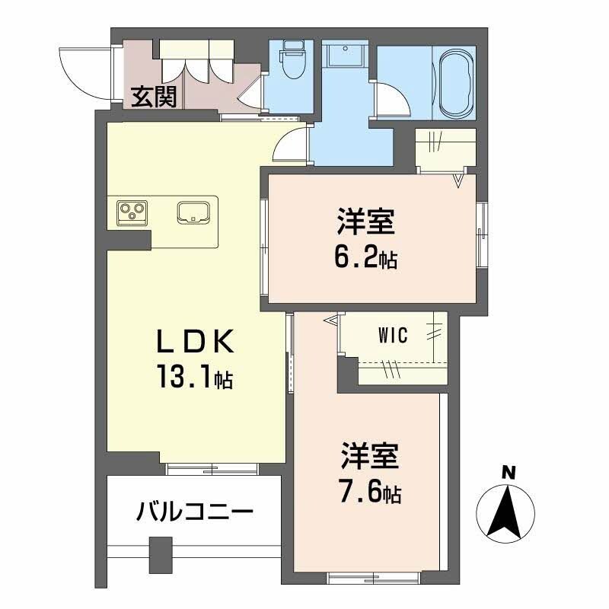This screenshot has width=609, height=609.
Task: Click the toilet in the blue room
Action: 290,64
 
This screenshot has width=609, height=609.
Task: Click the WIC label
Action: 393,335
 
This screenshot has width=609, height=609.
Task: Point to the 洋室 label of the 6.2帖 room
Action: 366,225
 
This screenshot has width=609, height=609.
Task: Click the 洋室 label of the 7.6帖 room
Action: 368,459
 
